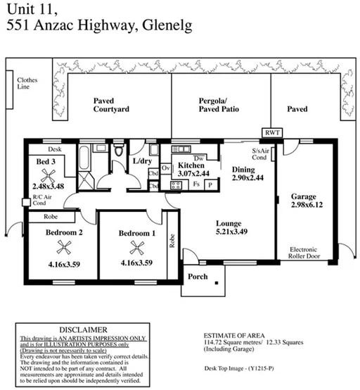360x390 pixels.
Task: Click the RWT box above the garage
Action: pyautogui.click(x=271, y=132)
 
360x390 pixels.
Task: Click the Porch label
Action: pyautogui.click(x=198, y=276)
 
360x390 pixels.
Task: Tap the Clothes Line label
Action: pyautogui.click(x=28, y=84)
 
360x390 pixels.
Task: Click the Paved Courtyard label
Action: pyautogui.click(x=111, y=105)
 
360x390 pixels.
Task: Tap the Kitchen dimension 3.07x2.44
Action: pyautogui.click(x=191, y=173)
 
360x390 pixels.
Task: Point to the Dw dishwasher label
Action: pyautogui.click(x=200, y=158)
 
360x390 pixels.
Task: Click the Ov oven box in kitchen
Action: pyautogui.click(x=166, y=168)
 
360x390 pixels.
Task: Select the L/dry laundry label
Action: pyautogui.click(x=143, y=161)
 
